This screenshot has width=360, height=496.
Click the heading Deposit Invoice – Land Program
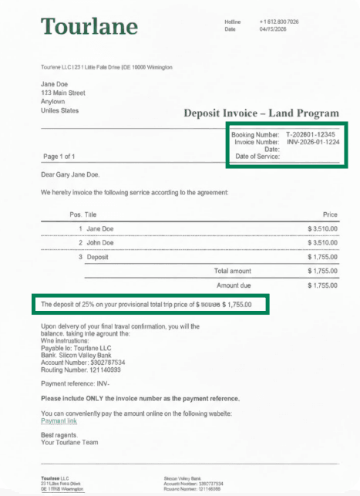261,113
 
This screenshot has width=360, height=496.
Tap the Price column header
329,213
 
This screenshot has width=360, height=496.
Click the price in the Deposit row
322,256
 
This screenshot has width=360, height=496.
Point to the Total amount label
232,271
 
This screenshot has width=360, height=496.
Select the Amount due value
322,285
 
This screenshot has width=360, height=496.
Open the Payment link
59,420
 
